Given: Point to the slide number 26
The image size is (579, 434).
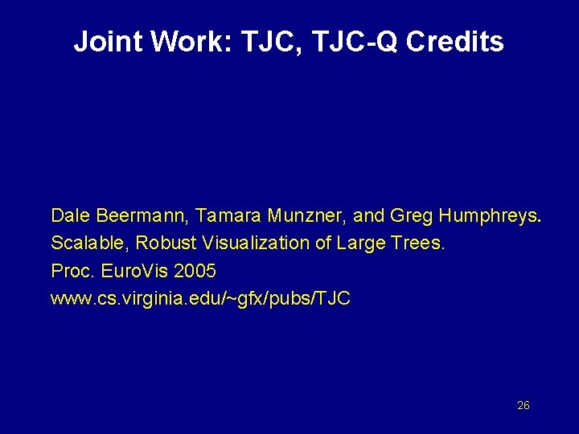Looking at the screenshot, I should [x=523, y=406].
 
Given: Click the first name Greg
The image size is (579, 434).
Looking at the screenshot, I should [x=409, y=215].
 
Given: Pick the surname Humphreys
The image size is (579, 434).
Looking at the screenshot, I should [x=488, y=215].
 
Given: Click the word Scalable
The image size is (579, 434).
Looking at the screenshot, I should [x=88, y=242].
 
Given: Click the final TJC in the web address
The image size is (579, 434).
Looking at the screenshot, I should [x=335, y=298].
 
